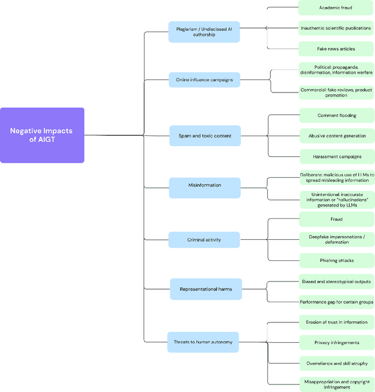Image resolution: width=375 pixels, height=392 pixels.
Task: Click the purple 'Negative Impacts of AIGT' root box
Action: [x=42, y=135]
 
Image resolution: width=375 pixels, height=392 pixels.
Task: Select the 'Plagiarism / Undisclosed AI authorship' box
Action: [x=204, y=32]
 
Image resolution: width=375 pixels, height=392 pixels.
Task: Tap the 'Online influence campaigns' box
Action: [x=204, y=80]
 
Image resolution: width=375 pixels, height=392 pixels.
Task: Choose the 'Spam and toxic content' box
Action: [x=204, y=136]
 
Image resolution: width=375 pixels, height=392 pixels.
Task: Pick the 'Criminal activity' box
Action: [x=204, y=240]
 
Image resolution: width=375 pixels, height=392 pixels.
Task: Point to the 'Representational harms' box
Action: [x=205, y=289]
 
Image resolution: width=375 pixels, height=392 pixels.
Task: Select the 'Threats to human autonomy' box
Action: [x=203, y=342]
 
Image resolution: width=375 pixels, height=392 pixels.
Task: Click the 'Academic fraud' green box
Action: [x=336, y=8]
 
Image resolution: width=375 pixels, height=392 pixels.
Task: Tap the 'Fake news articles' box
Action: [x=336, y=49]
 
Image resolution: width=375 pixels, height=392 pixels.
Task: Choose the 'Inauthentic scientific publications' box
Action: [x=336, y=28]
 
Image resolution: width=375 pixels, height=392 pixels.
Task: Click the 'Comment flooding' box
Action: [x=336, y=115]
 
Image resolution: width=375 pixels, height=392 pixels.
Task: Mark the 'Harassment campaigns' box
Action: [x=336, y=156]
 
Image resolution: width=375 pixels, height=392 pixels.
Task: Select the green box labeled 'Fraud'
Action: [x=336, y=219]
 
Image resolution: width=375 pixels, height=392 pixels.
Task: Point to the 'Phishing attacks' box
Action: [x=336, y=260]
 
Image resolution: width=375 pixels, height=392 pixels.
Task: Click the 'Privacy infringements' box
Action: [x=336, y=342]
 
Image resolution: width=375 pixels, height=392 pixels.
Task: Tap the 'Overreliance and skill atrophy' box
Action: [x=336, y=363]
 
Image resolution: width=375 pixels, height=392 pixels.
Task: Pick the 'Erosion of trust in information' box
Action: [x=336, y=322]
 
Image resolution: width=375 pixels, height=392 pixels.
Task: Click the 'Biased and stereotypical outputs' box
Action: [x=336, y=281]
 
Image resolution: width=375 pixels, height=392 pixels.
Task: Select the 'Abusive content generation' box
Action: [x=336, y=136]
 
